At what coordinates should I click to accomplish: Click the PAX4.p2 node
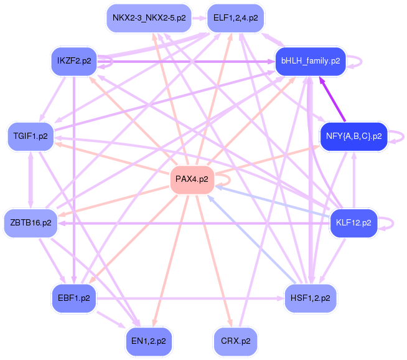(192, 179)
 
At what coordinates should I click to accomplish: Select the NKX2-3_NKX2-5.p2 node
(149, 18)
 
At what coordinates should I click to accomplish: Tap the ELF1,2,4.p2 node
(236, 18)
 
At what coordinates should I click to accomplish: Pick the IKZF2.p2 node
(74, 61)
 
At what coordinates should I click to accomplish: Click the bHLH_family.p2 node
(311, 61)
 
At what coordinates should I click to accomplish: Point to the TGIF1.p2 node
(30, 136)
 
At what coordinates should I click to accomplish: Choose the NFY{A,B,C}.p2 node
(353, 136)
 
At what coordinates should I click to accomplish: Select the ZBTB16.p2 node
(30, 223)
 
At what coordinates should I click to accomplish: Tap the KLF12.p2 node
(353, 223)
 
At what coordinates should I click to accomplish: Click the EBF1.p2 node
(74, 298)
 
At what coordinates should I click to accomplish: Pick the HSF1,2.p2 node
(311, 298)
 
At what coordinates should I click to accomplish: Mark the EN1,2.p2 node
(149, 341)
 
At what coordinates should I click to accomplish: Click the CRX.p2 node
(236, 341)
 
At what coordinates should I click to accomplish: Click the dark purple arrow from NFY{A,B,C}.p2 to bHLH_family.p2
(333, 99)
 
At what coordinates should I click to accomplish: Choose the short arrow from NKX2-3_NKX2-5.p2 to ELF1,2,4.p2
(199, 18)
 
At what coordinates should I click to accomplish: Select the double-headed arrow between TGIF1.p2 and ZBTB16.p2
(31, 180)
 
